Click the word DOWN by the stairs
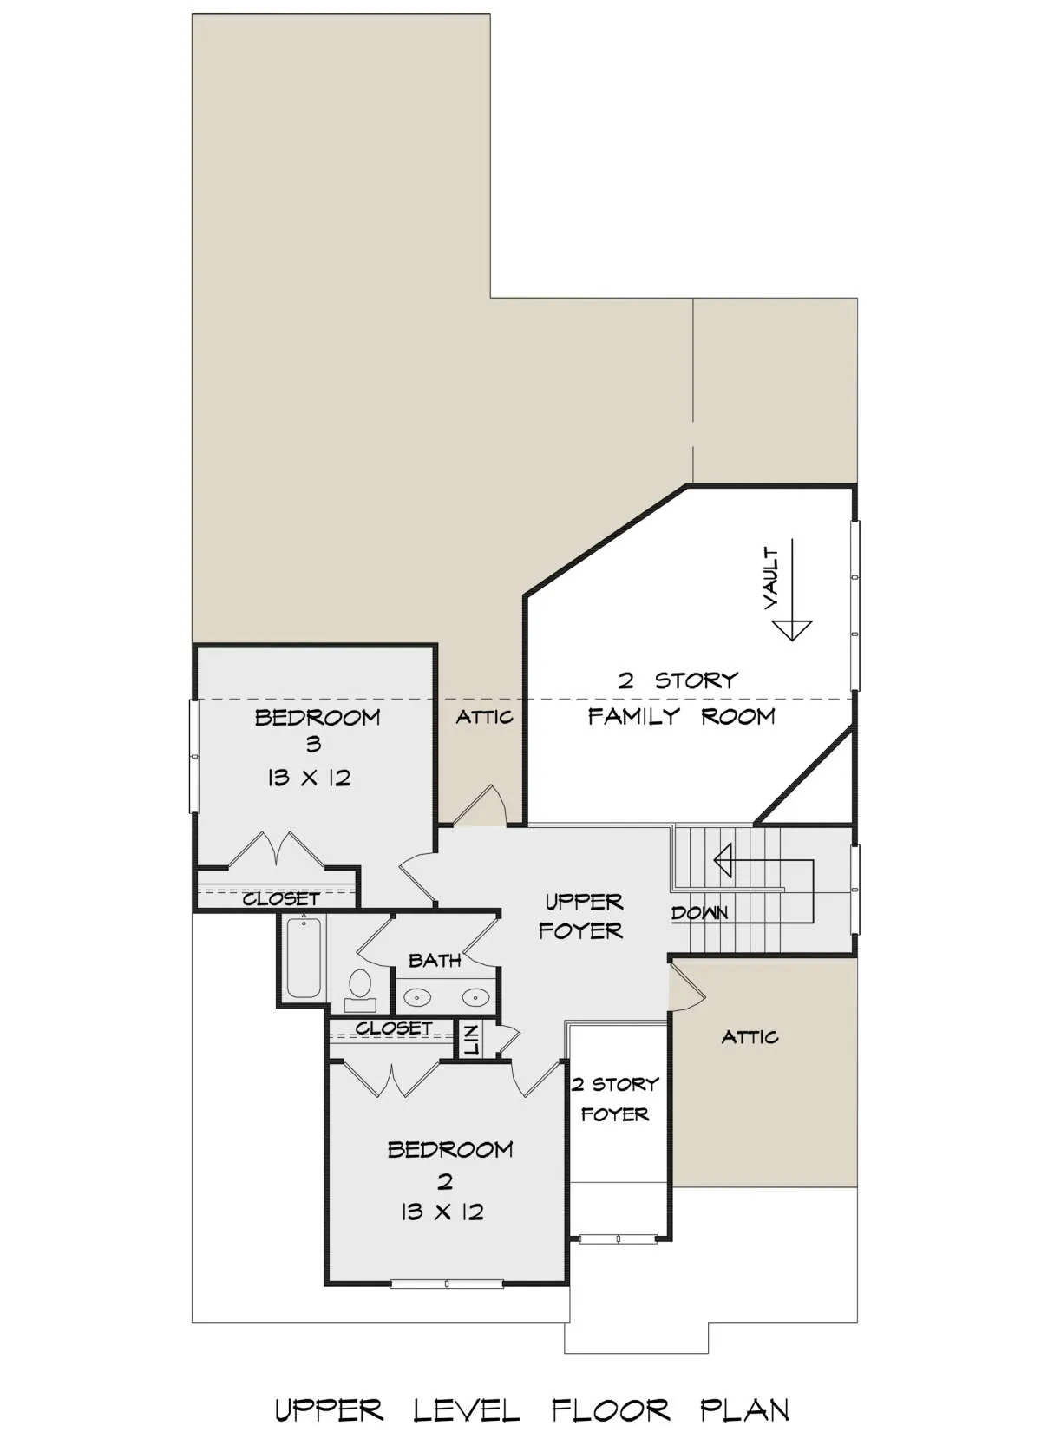coord(699,912)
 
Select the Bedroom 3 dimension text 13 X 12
coord(308,779)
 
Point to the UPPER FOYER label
coord(581,916)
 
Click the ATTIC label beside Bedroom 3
coord(484,717)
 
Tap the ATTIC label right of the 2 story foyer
coord(750,1037)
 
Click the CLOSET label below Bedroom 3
coord(281,899)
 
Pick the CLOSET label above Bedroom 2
coord(394,1028)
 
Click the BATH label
coord(435,961)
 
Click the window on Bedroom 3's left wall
coord(193,756)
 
